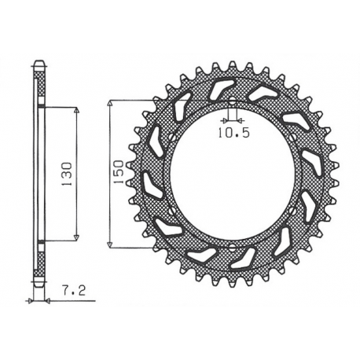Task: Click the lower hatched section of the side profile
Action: [x=39, y=259]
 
